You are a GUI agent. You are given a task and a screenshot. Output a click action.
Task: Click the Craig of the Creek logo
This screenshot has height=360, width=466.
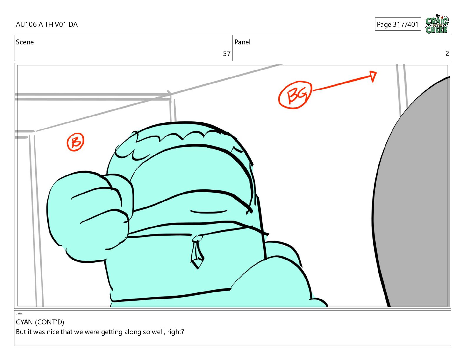[437, 24]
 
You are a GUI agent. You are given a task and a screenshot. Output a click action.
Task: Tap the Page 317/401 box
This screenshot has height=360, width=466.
[398, 24]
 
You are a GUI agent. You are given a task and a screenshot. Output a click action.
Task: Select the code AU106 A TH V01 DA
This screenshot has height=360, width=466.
[47, 24]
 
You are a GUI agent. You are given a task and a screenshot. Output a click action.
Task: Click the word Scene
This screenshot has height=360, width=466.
[25, 42]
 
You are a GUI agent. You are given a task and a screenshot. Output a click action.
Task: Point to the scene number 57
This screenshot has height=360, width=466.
[227, 54]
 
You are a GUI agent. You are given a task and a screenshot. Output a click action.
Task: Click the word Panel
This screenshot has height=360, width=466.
[242, 42]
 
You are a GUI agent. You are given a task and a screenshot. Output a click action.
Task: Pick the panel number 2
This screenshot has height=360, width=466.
[447, 54]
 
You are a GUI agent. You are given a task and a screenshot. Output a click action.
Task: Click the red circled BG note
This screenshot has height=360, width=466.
[295, 95]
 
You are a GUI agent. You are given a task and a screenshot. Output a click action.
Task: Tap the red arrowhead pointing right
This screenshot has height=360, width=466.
[373, 76]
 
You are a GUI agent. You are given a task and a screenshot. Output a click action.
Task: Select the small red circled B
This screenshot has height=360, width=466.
[75, 142]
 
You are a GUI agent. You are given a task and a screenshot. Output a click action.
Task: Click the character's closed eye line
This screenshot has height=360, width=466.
[209, 212]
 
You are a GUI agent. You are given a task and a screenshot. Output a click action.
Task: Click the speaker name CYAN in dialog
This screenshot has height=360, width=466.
[24, 322]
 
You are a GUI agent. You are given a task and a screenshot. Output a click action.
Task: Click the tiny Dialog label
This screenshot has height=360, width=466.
[19, 314]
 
